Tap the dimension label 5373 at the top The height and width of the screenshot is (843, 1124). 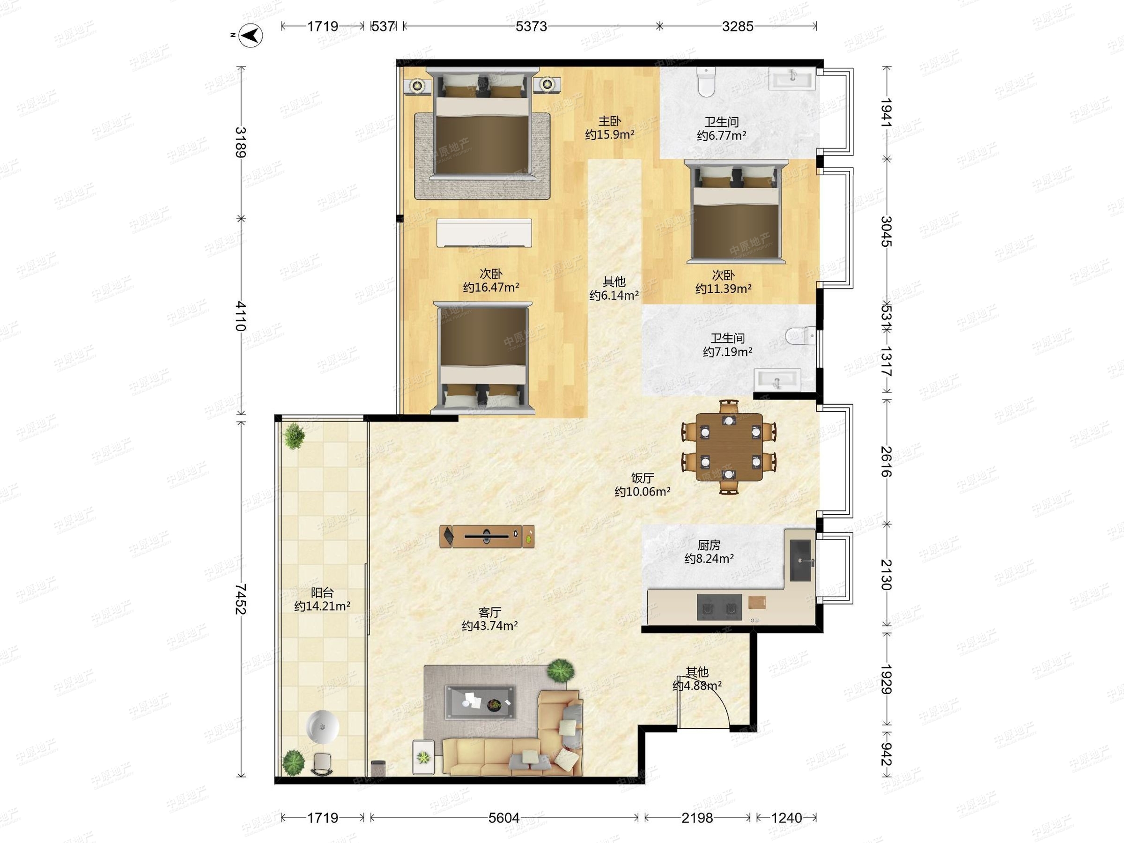coord(531,26)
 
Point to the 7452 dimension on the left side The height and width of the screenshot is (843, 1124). coord(241,599)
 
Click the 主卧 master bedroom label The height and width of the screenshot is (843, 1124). coord(609,121)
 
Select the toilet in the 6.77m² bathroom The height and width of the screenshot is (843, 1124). coord(706,82)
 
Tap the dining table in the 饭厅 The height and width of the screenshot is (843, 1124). coord(729,447)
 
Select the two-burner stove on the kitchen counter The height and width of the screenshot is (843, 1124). coord(719,607)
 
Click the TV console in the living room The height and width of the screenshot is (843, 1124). coord(487,536)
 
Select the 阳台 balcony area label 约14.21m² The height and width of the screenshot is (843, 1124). coord(322,606)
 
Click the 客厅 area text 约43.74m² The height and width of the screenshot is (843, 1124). coord(490,626)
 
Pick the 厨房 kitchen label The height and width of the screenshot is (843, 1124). coord(709,545)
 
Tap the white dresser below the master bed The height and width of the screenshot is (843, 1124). coord(484,233)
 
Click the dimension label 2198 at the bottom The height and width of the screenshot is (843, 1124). coord(697,818)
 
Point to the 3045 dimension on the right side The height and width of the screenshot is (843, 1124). coord(887,231)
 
